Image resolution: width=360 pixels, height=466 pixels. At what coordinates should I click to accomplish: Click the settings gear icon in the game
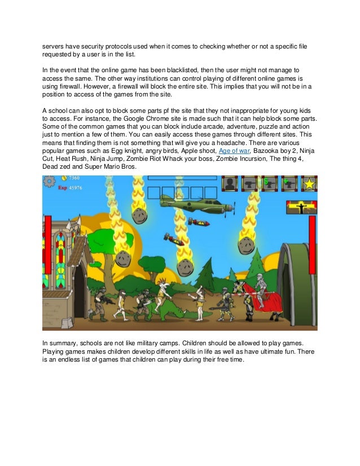point(49,181)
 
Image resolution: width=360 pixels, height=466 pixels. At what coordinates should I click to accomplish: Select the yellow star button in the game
point(309,183)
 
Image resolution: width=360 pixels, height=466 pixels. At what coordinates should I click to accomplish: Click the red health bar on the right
point(311,245)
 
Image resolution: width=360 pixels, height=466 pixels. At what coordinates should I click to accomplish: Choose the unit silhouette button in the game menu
point(230,183)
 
